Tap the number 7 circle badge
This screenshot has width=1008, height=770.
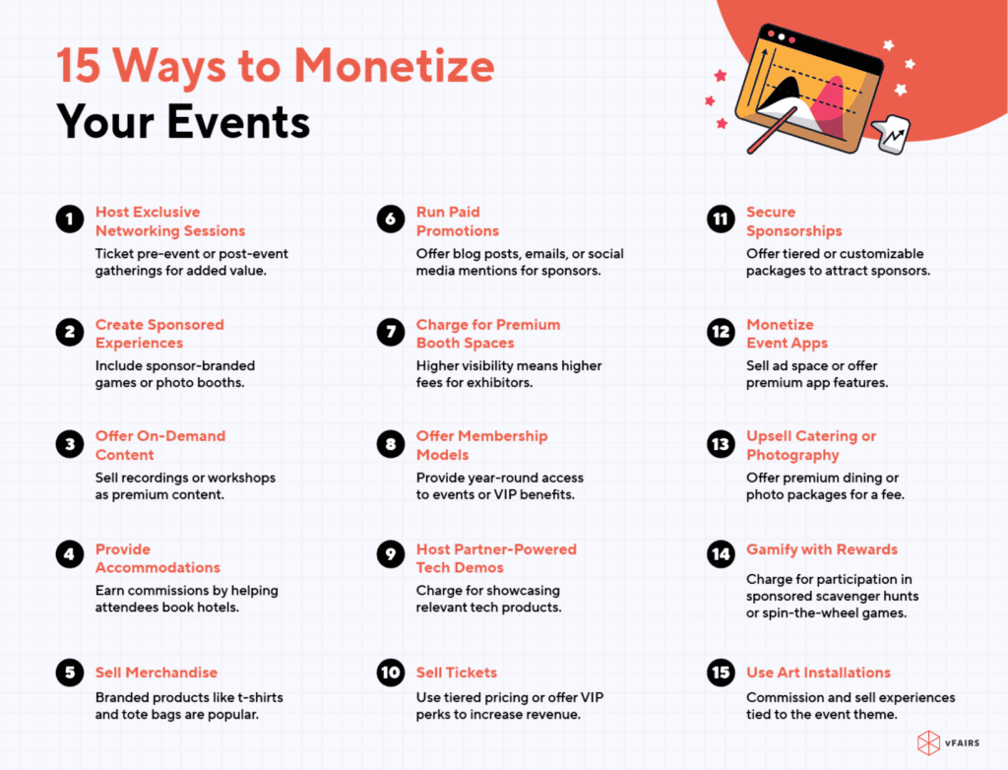[x=390, y=333]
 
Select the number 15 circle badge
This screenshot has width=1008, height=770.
[x=721, y=674]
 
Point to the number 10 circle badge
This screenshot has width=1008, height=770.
[x=390, y=674]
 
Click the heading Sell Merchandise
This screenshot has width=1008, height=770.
[x=157, y=673]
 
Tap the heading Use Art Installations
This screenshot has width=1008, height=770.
[x=818, y=673]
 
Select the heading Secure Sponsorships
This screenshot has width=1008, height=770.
[x=793, y=222]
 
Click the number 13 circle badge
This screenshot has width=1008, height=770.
[x=721, y=445]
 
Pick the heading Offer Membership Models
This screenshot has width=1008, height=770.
[x=481, y=445]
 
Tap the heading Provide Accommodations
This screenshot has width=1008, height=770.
[x=157, y=558]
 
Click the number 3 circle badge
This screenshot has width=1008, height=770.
[x=69, y=445]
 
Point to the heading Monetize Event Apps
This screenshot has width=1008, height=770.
[x=787, y=334]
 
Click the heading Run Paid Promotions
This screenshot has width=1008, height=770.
[x=458, y=222]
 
